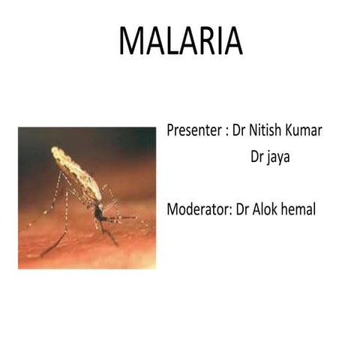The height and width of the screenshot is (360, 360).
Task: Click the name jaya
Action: tap(281, 158)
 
